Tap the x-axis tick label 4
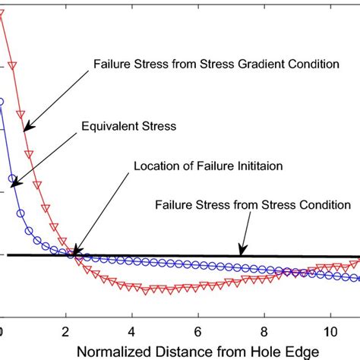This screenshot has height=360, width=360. tap(132, 331)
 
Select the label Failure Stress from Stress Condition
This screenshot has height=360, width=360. tap(252, 204)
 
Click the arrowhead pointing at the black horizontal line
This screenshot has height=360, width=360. tap(242, 252)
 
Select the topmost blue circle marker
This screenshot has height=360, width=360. tap(2, 101)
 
